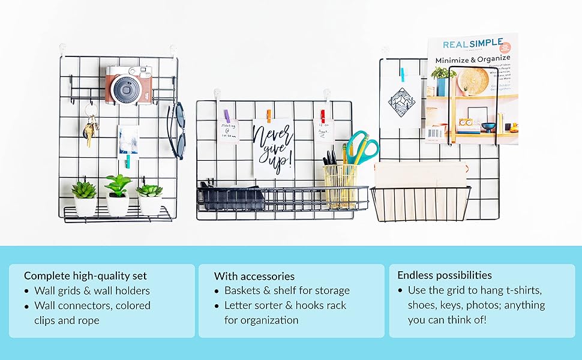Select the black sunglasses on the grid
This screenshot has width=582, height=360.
177,130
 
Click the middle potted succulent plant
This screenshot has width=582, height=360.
118,195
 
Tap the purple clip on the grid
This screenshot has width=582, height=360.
227,116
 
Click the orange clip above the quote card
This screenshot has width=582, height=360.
269,115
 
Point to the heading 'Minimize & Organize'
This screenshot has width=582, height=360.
473,60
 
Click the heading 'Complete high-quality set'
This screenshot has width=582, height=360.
85,276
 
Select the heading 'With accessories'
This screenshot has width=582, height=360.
254,276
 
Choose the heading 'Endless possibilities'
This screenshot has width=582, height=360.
445,275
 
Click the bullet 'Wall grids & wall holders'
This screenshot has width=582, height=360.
92,290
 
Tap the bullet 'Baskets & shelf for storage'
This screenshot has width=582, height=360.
287,290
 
